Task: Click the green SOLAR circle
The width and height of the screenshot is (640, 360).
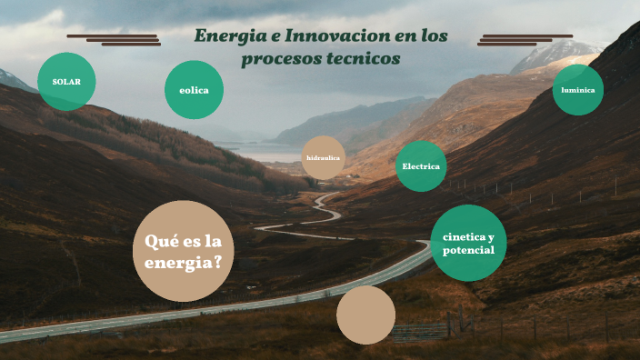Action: (66, 82)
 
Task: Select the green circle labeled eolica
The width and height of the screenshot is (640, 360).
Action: (194, 90)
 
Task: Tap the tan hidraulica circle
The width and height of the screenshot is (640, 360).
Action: (323, 157)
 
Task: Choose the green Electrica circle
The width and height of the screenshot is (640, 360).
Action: (421, 166)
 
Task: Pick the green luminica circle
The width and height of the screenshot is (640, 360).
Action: (578, 90)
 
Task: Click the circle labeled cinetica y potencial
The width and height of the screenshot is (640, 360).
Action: (468, 243)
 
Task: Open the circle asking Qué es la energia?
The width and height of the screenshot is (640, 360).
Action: (184, 251)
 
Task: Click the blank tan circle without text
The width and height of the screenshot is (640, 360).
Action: (365, 315)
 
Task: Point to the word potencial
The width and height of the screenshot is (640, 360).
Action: (468, 250)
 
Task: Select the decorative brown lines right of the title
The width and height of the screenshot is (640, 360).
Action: (525, 40)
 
